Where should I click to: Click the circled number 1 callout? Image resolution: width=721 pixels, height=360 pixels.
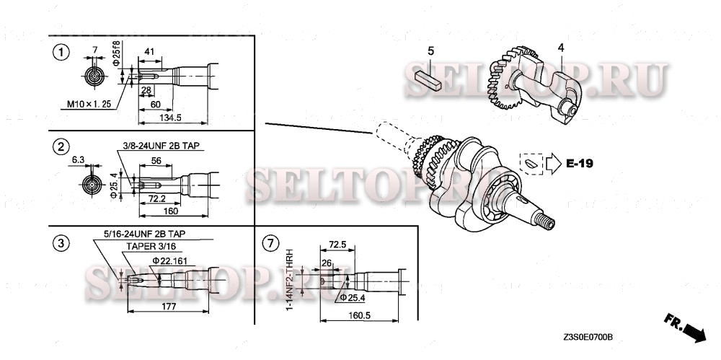(x=63, y=52)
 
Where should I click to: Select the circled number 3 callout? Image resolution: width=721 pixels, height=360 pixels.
(x=63, y=242)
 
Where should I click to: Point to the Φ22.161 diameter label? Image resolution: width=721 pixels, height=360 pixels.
(x=170, y=259)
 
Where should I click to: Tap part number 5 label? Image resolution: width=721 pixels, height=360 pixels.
(x=431, y=51)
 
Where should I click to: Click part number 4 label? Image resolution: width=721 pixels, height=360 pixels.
(x=559, y=48)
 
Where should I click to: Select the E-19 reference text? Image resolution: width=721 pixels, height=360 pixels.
(x=579, y=164)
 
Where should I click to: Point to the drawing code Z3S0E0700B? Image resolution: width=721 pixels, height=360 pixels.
(x=593, y=337)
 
